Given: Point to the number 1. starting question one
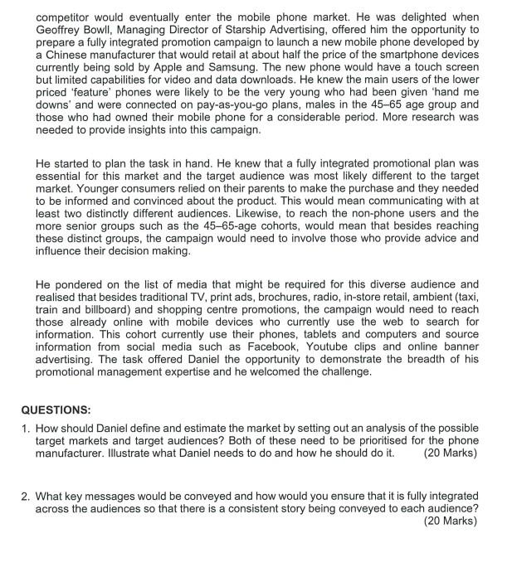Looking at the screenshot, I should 26,429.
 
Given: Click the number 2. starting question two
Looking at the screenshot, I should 26,496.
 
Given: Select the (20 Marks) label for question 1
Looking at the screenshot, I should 450,453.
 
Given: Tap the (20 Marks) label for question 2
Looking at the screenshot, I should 450,521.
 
